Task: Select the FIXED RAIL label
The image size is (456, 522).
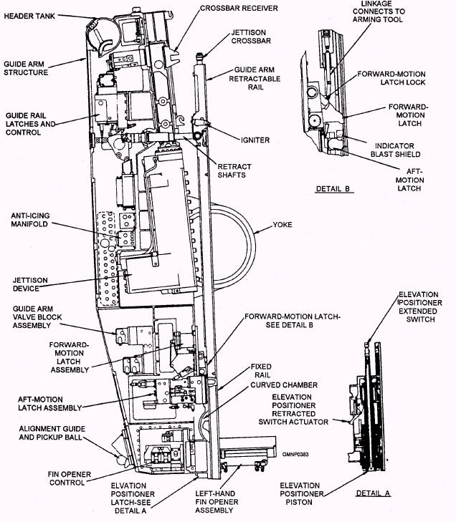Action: (261, 371)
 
